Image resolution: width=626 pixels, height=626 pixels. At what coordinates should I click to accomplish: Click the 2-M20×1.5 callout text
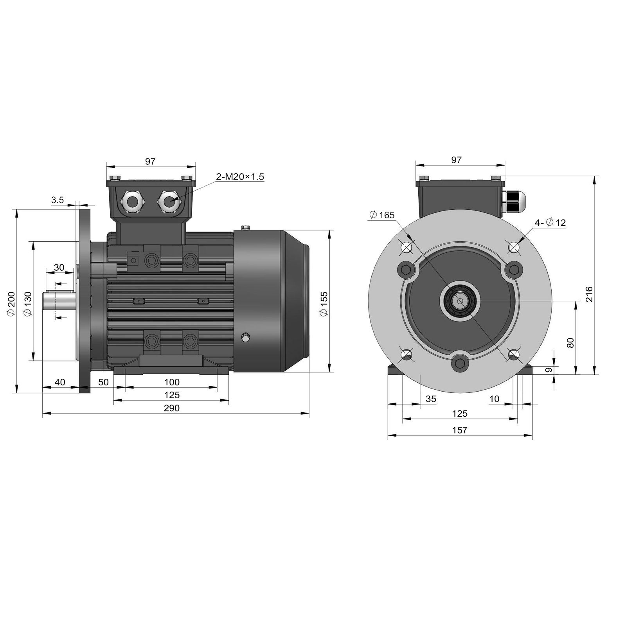point(240,177)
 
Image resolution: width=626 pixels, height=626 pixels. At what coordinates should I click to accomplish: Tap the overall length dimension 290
point(171,408)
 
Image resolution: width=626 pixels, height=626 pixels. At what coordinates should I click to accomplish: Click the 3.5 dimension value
point(57,200)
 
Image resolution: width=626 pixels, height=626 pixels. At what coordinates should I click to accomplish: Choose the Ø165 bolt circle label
point(382,215)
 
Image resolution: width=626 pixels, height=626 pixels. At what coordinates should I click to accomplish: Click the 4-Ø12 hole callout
point(550,223)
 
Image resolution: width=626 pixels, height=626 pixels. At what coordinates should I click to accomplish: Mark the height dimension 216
point(589,294)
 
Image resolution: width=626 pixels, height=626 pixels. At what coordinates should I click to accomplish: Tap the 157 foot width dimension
point(460,430)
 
